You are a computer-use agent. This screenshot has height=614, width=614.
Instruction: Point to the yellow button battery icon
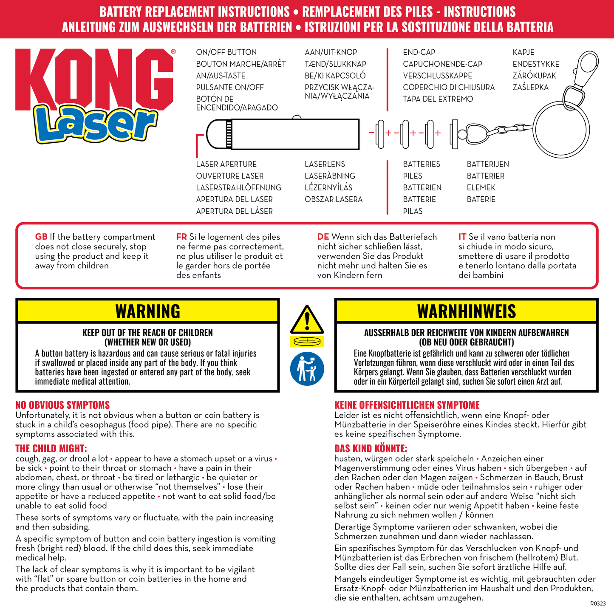(307, 341)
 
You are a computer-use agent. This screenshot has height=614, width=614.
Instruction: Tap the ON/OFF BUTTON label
(226, 52)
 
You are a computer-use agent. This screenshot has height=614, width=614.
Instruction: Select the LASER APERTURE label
(226, 164)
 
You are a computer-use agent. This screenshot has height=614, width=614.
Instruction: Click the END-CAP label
(419, 52)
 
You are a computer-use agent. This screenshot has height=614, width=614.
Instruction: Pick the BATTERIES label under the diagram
(421, 164)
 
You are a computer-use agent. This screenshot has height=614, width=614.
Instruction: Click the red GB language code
(41, 237)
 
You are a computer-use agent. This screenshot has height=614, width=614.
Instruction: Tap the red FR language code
(181, 237)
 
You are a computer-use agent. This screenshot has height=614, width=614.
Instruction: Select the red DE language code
(323, 237)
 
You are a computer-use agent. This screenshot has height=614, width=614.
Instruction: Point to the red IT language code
(462, 237)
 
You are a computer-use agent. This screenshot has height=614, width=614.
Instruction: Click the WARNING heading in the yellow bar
(147, 311)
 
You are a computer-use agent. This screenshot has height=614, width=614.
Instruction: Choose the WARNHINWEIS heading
(466, 311)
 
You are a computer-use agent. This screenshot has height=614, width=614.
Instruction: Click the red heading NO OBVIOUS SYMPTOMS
(62, 405)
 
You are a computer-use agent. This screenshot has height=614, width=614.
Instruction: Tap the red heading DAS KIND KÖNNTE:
(371, 448)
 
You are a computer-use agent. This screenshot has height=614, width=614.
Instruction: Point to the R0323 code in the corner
(598, 603)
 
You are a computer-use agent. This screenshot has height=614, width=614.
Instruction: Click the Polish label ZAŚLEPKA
(530, 88)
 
